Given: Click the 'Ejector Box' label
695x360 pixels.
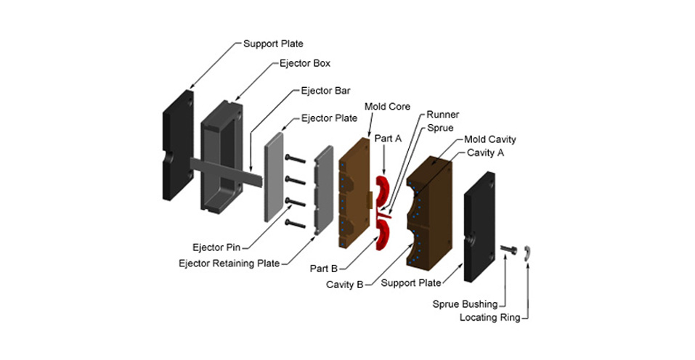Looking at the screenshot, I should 305,64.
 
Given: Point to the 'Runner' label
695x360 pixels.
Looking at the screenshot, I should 442,115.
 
